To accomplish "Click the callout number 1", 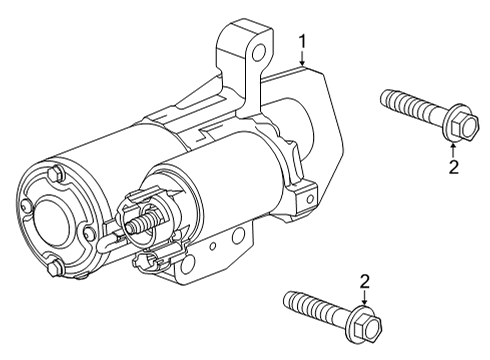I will tap(302, 42).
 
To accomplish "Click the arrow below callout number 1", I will tap(302, 59).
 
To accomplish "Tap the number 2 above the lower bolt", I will tap(365, 282).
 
